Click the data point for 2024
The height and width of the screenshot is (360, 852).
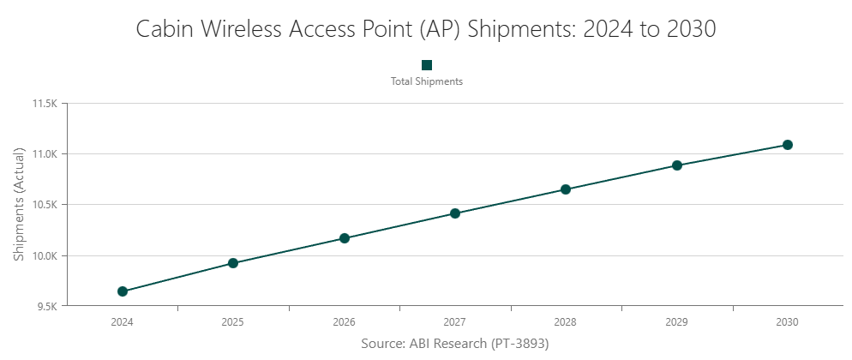pos(123,291)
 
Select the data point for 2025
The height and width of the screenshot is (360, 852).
pos(233,263)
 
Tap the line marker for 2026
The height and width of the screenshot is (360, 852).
pos(344,238)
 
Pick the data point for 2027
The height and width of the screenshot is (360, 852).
pos(455,213)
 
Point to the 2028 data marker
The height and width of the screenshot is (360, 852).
pos(566,189)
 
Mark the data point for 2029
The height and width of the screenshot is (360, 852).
pos(676,165)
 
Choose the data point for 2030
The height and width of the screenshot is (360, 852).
pos(788,145)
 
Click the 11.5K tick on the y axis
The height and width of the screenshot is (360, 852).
pos(44,104)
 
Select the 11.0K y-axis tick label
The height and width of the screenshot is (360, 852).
pos(44,154)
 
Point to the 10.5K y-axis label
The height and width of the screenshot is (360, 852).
pos(44,205)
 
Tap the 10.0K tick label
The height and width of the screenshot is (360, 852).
pos(44,255)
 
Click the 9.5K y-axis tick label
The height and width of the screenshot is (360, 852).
pos(45,306)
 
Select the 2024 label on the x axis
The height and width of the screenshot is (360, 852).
pos(123,322)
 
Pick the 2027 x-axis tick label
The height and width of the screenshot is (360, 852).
pos(455,322)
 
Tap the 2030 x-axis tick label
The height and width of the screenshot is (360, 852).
pos(788,322)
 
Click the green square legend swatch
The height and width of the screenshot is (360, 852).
pos(427,65)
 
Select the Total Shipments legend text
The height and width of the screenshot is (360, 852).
pos(427,81)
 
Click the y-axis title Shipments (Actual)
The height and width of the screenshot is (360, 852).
pos(19,205)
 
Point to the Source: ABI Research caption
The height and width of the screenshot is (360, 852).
pos(454,343)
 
